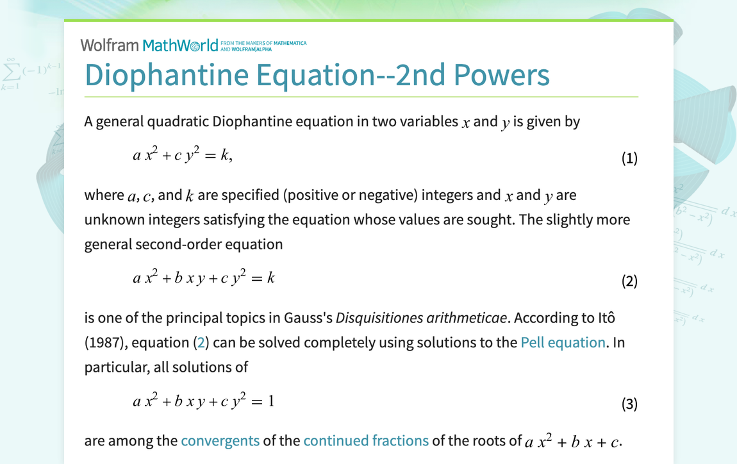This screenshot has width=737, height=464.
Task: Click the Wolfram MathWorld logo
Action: coord(149,45)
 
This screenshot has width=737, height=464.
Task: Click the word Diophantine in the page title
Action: coord(165,75)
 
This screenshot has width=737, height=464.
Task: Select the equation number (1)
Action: coord(629,158)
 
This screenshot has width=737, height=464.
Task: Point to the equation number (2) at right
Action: coord(629,281)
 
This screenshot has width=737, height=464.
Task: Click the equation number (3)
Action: coord(629,404)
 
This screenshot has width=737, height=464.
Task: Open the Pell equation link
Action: coord(563,342)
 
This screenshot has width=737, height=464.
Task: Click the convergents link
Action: coord(220,441)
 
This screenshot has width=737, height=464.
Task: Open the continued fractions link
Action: coord(366,441)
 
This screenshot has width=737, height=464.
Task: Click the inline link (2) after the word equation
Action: coord(201,343)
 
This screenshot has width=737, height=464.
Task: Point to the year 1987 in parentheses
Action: coord(104,343)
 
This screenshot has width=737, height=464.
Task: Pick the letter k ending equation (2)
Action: coord(271,278)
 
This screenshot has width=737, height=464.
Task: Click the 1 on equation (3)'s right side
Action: coord(271,401)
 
